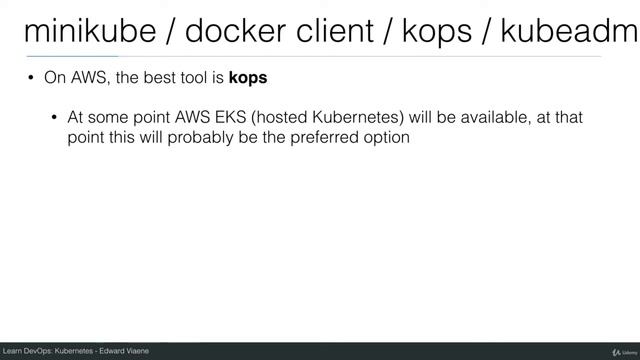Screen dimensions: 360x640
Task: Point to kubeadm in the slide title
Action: (580, 32)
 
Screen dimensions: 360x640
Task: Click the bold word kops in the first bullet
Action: (248, 78)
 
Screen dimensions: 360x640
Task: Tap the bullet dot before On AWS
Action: (31, 78)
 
